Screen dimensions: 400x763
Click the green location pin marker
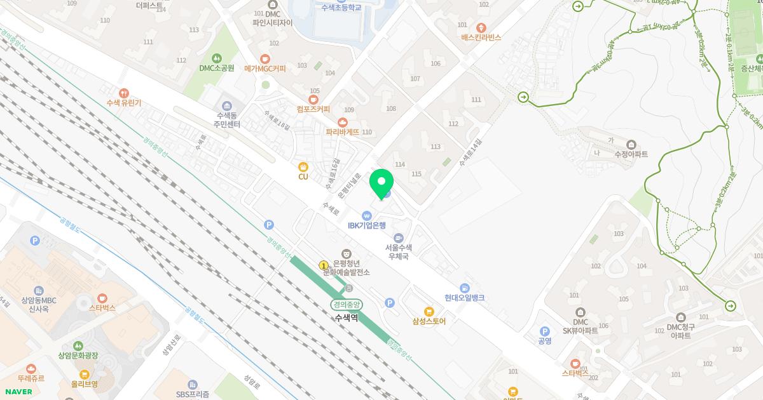[381, 183]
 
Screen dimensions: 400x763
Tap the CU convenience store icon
[303, 166]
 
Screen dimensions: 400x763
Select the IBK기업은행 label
[366, 225]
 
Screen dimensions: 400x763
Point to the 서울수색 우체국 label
[399, 251]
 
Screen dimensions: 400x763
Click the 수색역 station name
[347, 317]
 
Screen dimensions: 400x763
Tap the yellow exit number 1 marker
[323, 265]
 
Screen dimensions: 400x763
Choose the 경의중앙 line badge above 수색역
[347, 304]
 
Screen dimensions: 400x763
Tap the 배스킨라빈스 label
[481, 37]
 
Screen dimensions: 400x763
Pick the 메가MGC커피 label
[265, 69]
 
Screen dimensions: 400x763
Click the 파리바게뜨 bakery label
[342, 132]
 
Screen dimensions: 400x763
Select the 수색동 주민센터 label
[227, 120]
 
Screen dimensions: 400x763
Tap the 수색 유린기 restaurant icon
[123, 93]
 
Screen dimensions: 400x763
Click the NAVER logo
[18, 392]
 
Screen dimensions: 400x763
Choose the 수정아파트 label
[631, 154]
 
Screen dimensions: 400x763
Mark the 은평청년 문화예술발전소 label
[346, 267]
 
